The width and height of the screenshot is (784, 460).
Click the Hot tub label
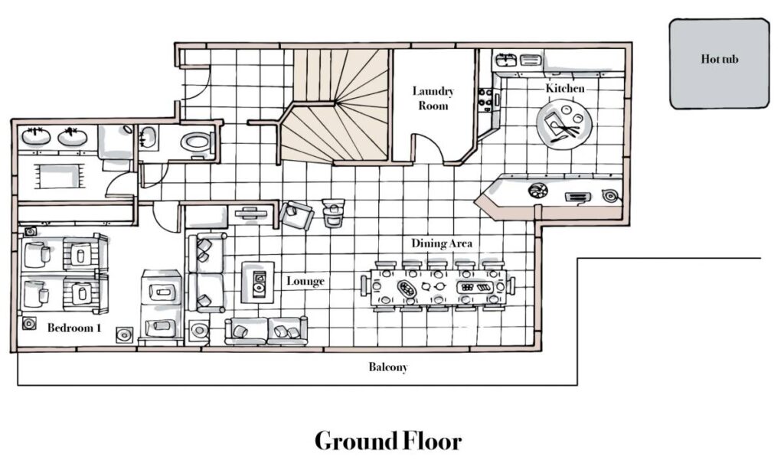pyautogui.click(x=719, y=59)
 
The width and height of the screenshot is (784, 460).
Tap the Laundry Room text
pyautogui.click(x=433, y=98)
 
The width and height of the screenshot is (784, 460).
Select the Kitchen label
pyautogui.click(x=565, y=88)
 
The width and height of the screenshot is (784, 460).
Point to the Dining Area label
pyautogui.click(x=442, y=243)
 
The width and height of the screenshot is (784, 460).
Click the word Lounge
pyautogui.click(x=305, y=281)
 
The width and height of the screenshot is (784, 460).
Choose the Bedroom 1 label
pyautogui.click(x=74, y=328)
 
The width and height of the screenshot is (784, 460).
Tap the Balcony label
pyautogui.click(x=388, y=367)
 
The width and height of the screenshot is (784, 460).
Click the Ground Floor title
pyautogui.click(x=388, y=441)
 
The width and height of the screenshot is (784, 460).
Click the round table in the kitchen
pyautogui.click(x=564, y=123)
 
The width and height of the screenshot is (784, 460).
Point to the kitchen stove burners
pyautogui.click(x=485, y=97)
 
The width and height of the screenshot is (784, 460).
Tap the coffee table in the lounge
pyautogui.click(x=258, y=282)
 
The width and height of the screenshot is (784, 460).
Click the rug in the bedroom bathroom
pyautogui.click(x=58, y=176)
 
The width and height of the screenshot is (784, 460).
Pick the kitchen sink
pyautogui.click(x=506, y=60)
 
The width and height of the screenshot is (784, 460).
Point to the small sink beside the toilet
pyautogui.click(x=148, y=137)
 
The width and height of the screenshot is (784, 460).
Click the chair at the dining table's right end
pyautogui.click(x=511, y=286)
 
